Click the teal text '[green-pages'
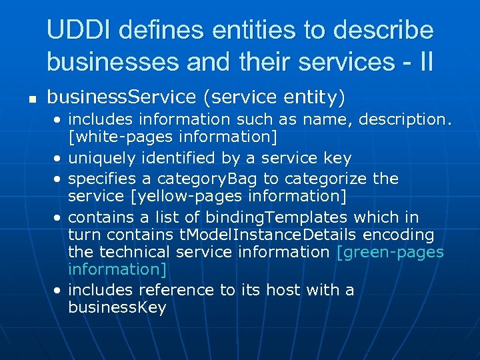pyautogui.click(x=391, y=252)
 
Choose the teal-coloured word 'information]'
pyautogui.click(x=117, y=269)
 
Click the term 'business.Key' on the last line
pyautogui.click(x=117, y=307)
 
